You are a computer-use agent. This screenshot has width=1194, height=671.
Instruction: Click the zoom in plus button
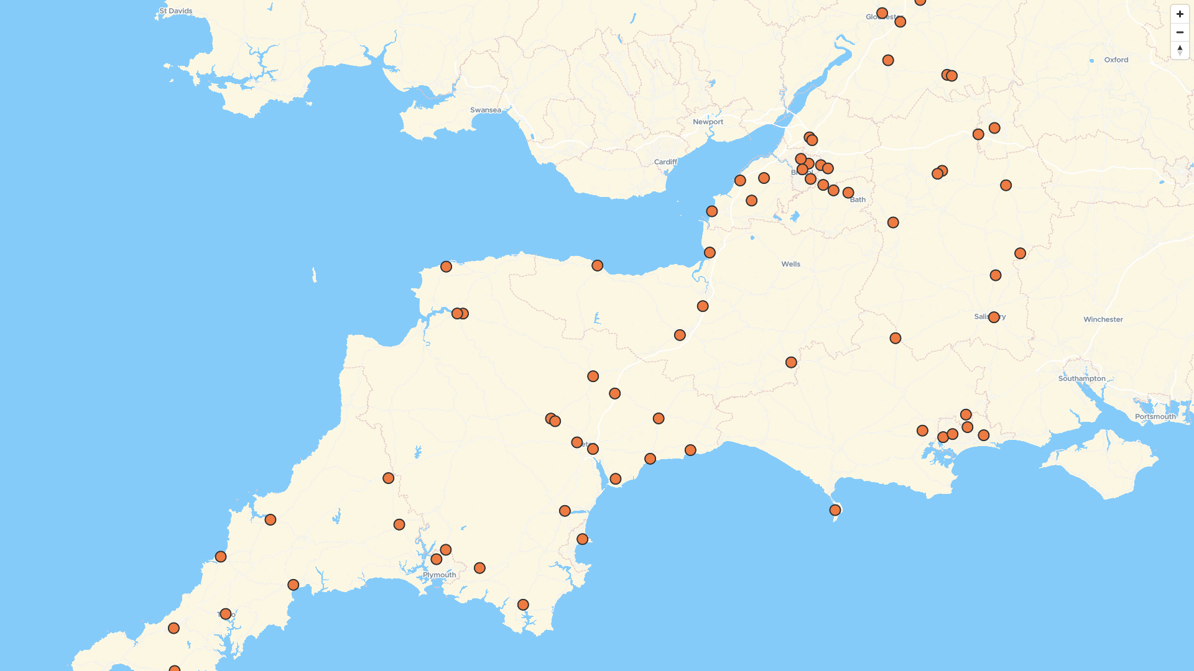coord(1180,14)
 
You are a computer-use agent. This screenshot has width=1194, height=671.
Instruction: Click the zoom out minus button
coord(1180,32)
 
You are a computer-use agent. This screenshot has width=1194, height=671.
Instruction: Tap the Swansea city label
coord(485,110)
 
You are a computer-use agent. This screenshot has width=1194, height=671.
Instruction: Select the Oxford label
coord(1116,60)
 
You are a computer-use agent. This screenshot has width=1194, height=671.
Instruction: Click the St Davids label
coord(176,11)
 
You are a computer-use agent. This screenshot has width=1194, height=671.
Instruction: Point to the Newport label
coord(708,122)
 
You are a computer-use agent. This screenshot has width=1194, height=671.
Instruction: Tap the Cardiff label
coord(665,162)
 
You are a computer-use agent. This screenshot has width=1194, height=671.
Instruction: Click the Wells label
coord(790,264)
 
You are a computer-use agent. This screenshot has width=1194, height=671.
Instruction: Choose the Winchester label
coord(1103,319)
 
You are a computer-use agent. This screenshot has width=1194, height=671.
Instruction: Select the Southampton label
coord(1081,378)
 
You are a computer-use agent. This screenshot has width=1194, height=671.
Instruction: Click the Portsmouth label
coord(1155,417)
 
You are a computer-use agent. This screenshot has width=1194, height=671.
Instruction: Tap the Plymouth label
coord(439,575)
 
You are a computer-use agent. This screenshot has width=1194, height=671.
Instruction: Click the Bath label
coord(858,200)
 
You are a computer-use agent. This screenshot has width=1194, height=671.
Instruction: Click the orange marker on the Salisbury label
coord(994,317)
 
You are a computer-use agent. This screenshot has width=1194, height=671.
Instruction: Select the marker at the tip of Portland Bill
coord(835,510)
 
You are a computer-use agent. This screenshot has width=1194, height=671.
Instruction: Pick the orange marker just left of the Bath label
coord(848,193)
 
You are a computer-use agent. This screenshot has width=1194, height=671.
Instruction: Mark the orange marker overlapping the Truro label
coord(226,614)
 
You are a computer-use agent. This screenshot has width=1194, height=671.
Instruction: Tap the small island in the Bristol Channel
coord(314,275)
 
